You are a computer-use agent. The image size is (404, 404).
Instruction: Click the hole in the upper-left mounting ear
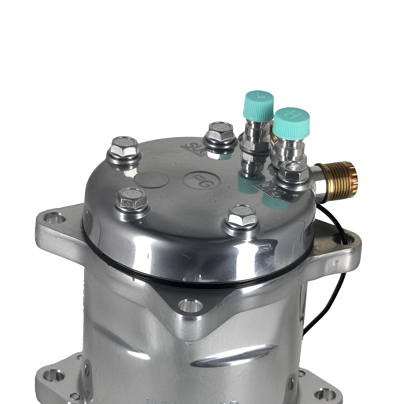[54, 217]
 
